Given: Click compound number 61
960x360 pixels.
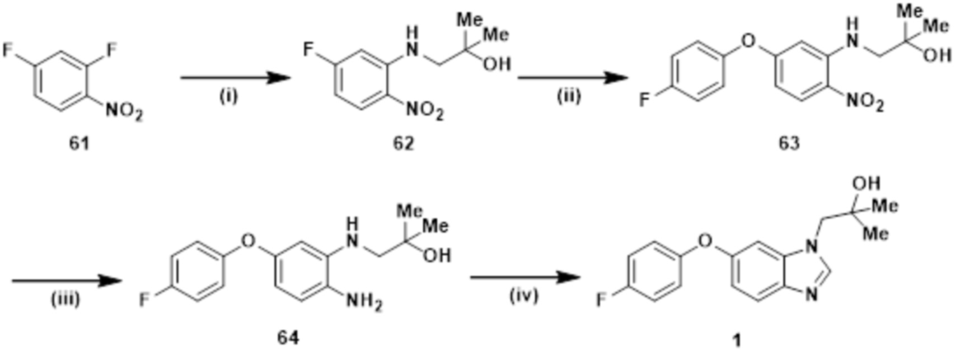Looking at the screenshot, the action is (x=79, y=143).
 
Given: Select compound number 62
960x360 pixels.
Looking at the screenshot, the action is (x=403, y=143).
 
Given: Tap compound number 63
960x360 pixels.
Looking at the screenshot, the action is (x=789, y=143).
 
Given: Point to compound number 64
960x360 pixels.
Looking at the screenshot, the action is (x=288, y=338).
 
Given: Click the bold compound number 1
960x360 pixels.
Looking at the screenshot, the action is (x=737, y=340).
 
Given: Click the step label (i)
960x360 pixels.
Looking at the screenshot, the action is (x=228, y=96).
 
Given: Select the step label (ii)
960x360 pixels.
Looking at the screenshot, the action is (x=569, y=96).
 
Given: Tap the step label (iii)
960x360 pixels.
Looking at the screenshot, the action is (x=65, y=299).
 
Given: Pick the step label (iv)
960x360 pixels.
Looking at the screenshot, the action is (x=524, y=295).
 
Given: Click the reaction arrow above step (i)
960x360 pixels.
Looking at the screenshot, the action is (x=236, y=78).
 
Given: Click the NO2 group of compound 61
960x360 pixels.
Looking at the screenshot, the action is (x=124, y=111).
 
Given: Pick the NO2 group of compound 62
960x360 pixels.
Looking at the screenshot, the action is (x=425, y=111).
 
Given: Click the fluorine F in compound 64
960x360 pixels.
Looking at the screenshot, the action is (x=145, y=301).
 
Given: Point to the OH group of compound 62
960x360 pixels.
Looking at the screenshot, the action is (x=497, y=64).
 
